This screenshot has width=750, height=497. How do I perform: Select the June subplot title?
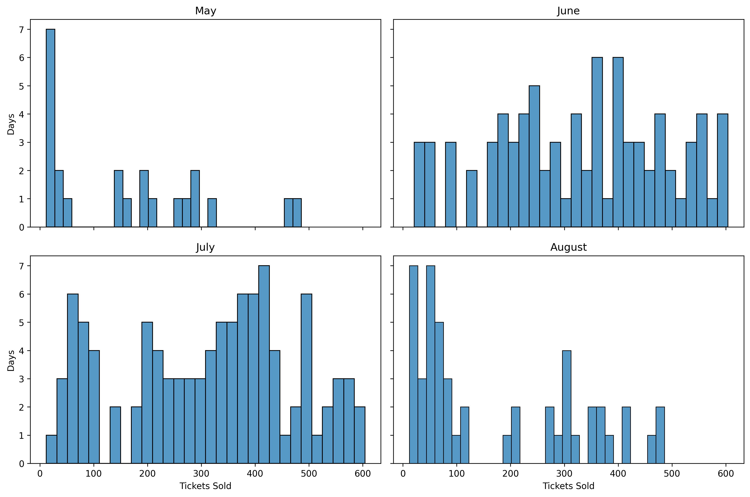pos(568,11)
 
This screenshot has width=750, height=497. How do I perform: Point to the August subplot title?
pos(568,247)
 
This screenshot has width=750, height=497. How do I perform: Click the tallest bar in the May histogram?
pos(50,127)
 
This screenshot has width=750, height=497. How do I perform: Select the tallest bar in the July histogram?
pos(264,365)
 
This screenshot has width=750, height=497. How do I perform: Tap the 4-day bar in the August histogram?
pos(567,407)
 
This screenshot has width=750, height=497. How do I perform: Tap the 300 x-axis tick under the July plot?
pos(201,473)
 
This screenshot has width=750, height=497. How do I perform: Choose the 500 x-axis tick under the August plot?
pos(672,473)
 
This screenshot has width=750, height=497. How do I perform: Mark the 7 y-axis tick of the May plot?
pos(22,29)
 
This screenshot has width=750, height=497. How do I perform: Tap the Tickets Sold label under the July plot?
pos(205,486)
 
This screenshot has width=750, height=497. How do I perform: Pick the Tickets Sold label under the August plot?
pos(568,486)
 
